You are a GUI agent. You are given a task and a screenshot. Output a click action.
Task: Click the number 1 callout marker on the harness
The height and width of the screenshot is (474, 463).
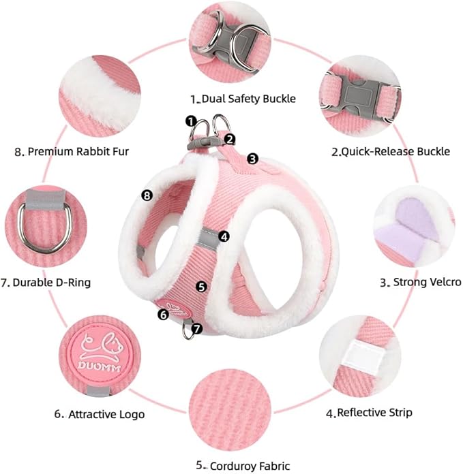pos(191,121)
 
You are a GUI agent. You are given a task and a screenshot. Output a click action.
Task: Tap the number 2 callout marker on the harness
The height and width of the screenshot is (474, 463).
pos(230,140)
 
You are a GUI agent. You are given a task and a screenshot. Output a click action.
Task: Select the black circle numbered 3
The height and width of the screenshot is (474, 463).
pos(253,159)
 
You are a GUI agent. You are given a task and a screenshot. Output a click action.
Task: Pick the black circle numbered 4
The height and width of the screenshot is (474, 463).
pos(224,236)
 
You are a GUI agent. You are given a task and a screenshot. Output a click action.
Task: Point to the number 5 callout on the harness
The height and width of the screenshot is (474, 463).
pos(202,287)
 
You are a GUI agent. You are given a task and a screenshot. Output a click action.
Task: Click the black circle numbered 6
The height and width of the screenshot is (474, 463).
pos(164,315)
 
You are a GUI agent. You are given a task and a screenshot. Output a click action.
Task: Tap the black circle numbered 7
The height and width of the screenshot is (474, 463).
pos(197,328)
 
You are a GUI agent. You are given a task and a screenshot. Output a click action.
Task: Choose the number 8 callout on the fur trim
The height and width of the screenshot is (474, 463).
pos(147,195)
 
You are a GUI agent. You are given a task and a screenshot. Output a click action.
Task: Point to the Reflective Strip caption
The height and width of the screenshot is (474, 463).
pos(369,413)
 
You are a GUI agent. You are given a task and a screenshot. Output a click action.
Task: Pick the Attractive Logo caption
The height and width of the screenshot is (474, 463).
pos(100,414)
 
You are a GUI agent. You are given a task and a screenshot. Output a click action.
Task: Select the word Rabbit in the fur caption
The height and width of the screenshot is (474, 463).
pos(93,151)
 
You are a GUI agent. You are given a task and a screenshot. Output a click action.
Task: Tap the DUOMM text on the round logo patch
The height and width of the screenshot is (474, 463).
pos(100,366)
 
